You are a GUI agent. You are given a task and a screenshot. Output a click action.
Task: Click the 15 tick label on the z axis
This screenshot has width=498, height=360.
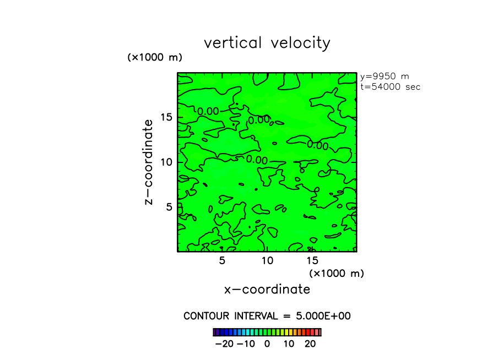[x=167, y=117]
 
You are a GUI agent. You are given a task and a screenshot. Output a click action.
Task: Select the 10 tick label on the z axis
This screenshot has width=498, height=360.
[x=167, y=162]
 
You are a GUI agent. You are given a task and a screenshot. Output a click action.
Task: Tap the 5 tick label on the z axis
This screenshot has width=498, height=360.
[x=170, y=206]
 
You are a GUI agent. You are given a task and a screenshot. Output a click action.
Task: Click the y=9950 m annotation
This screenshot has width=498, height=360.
[x=385, y=77]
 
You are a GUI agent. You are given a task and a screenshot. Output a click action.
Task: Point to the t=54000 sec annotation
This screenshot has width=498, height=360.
[x=390, y=87]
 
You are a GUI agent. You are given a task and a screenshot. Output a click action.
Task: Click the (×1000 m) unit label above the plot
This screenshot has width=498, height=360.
[x=155, y=57]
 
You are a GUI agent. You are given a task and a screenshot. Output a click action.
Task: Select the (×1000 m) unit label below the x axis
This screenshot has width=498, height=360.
[x=337, y=273]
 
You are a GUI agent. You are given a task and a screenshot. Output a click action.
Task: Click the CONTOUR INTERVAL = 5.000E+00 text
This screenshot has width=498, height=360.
[x=267, y=316]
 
